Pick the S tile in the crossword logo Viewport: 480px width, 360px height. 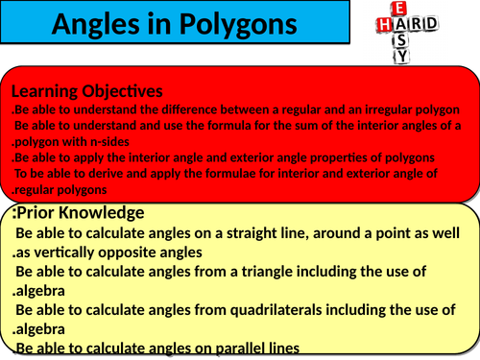(401, 39)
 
